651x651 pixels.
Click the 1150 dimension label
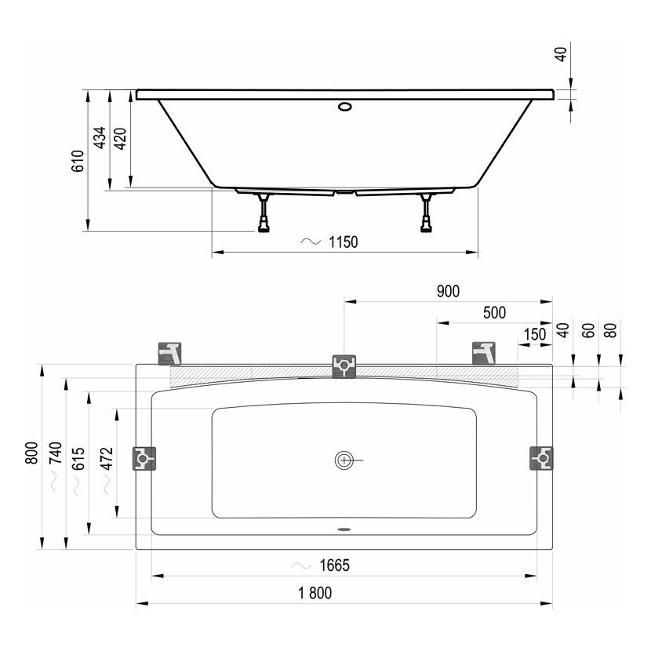tap(344, 242)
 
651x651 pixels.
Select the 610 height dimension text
tap(78, 161)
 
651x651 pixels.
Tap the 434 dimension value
tap(100, 138)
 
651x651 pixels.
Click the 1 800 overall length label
tap(315, 593)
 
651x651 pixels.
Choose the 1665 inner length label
tap(335, 565)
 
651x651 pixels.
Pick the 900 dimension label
tap(449, 292)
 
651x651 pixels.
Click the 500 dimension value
tap(494, 313)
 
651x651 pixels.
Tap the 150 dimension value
tap(535, 334)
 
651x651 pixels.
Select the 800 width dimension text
tap(31, 453)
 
